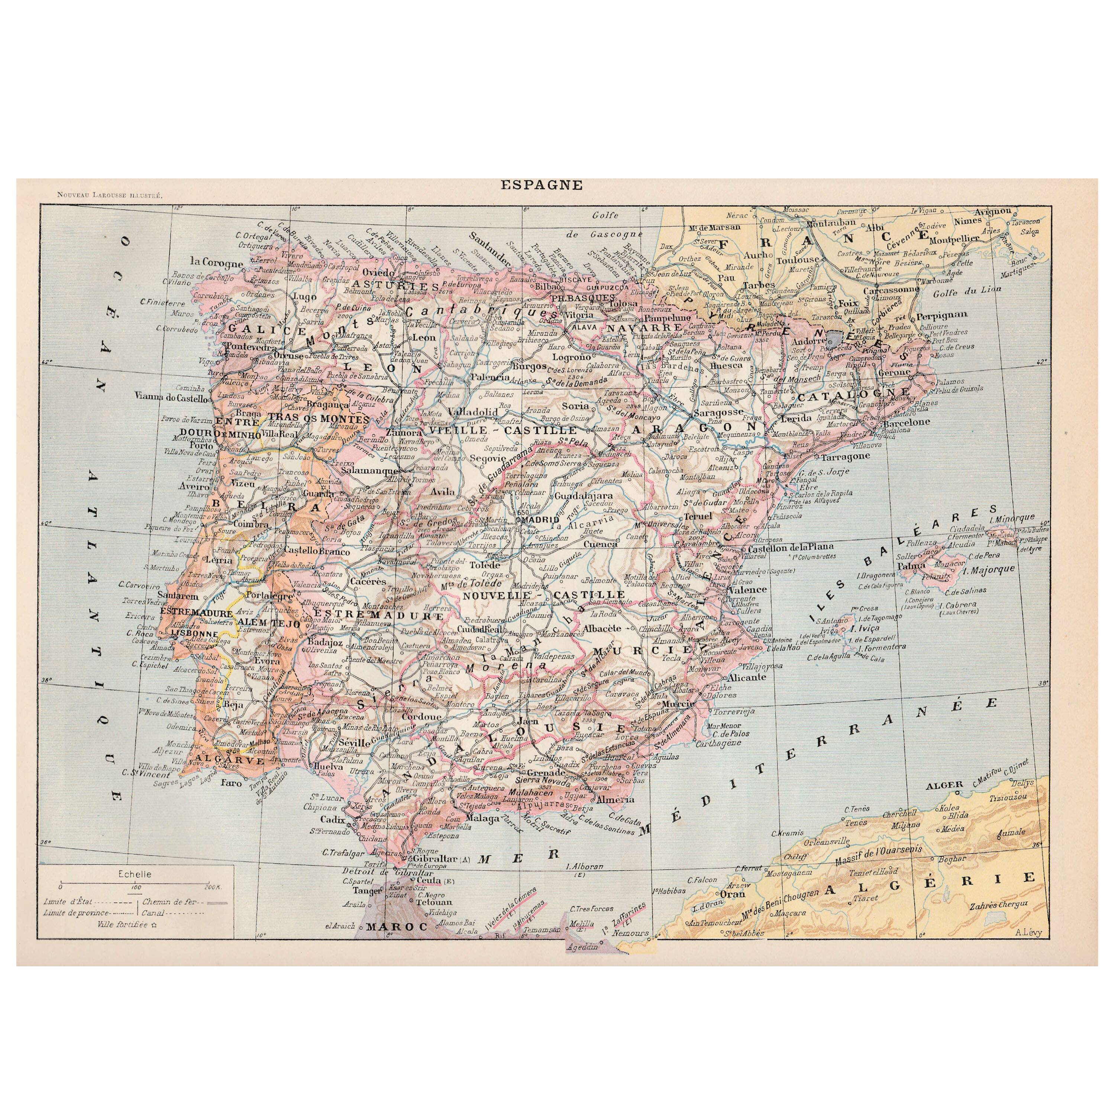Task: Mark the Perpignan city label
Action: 941,316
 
